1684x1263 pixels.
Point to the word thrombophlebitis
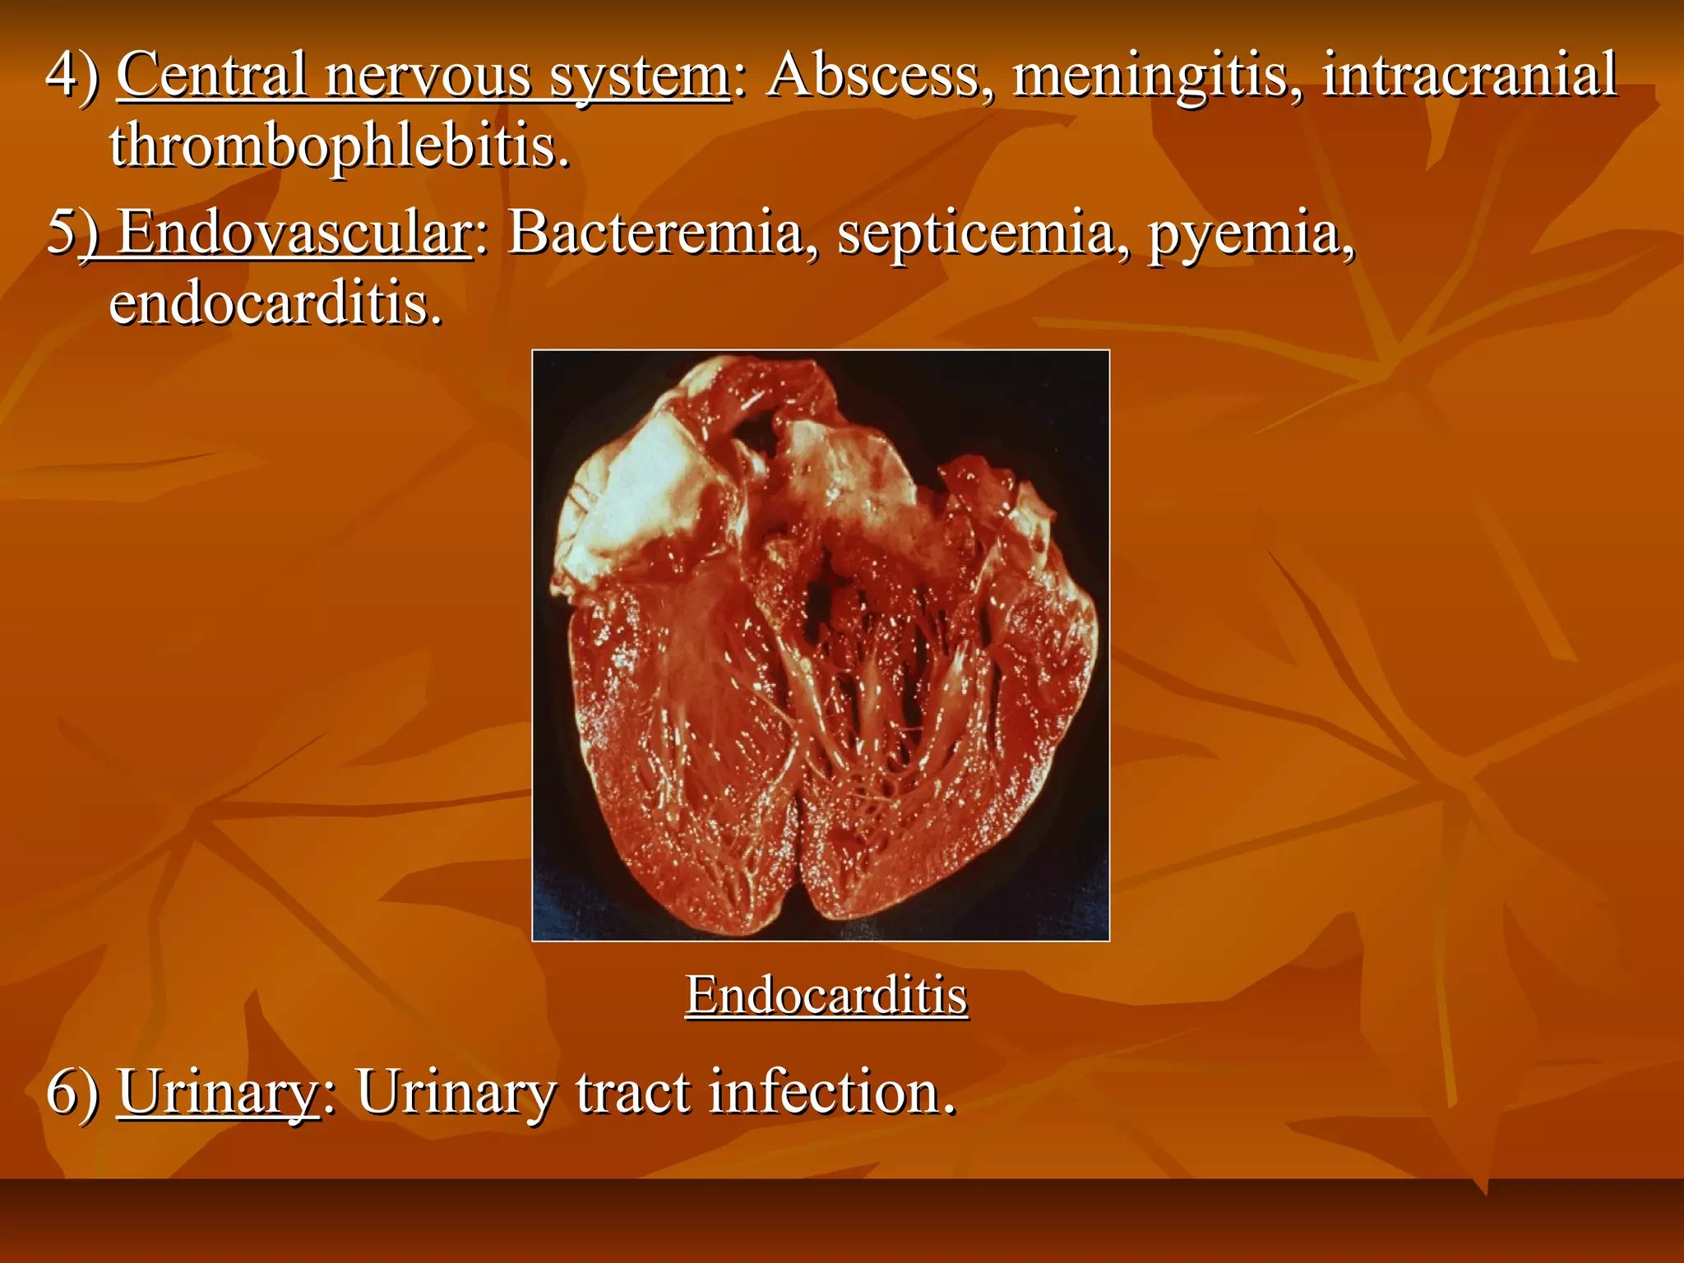[339, 146]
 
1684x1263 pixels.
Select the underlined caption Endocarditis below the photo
[826, 996]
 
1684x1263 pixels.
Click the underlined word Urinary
[218, 1093]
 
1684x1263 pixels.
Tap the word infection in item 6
[831, 1093]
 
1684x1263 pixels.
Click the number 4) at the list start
[72, 76]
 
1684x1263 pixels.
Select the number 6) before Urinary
[72, 1093]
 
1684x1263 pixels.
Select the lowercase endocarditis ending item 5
[275, 304]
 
